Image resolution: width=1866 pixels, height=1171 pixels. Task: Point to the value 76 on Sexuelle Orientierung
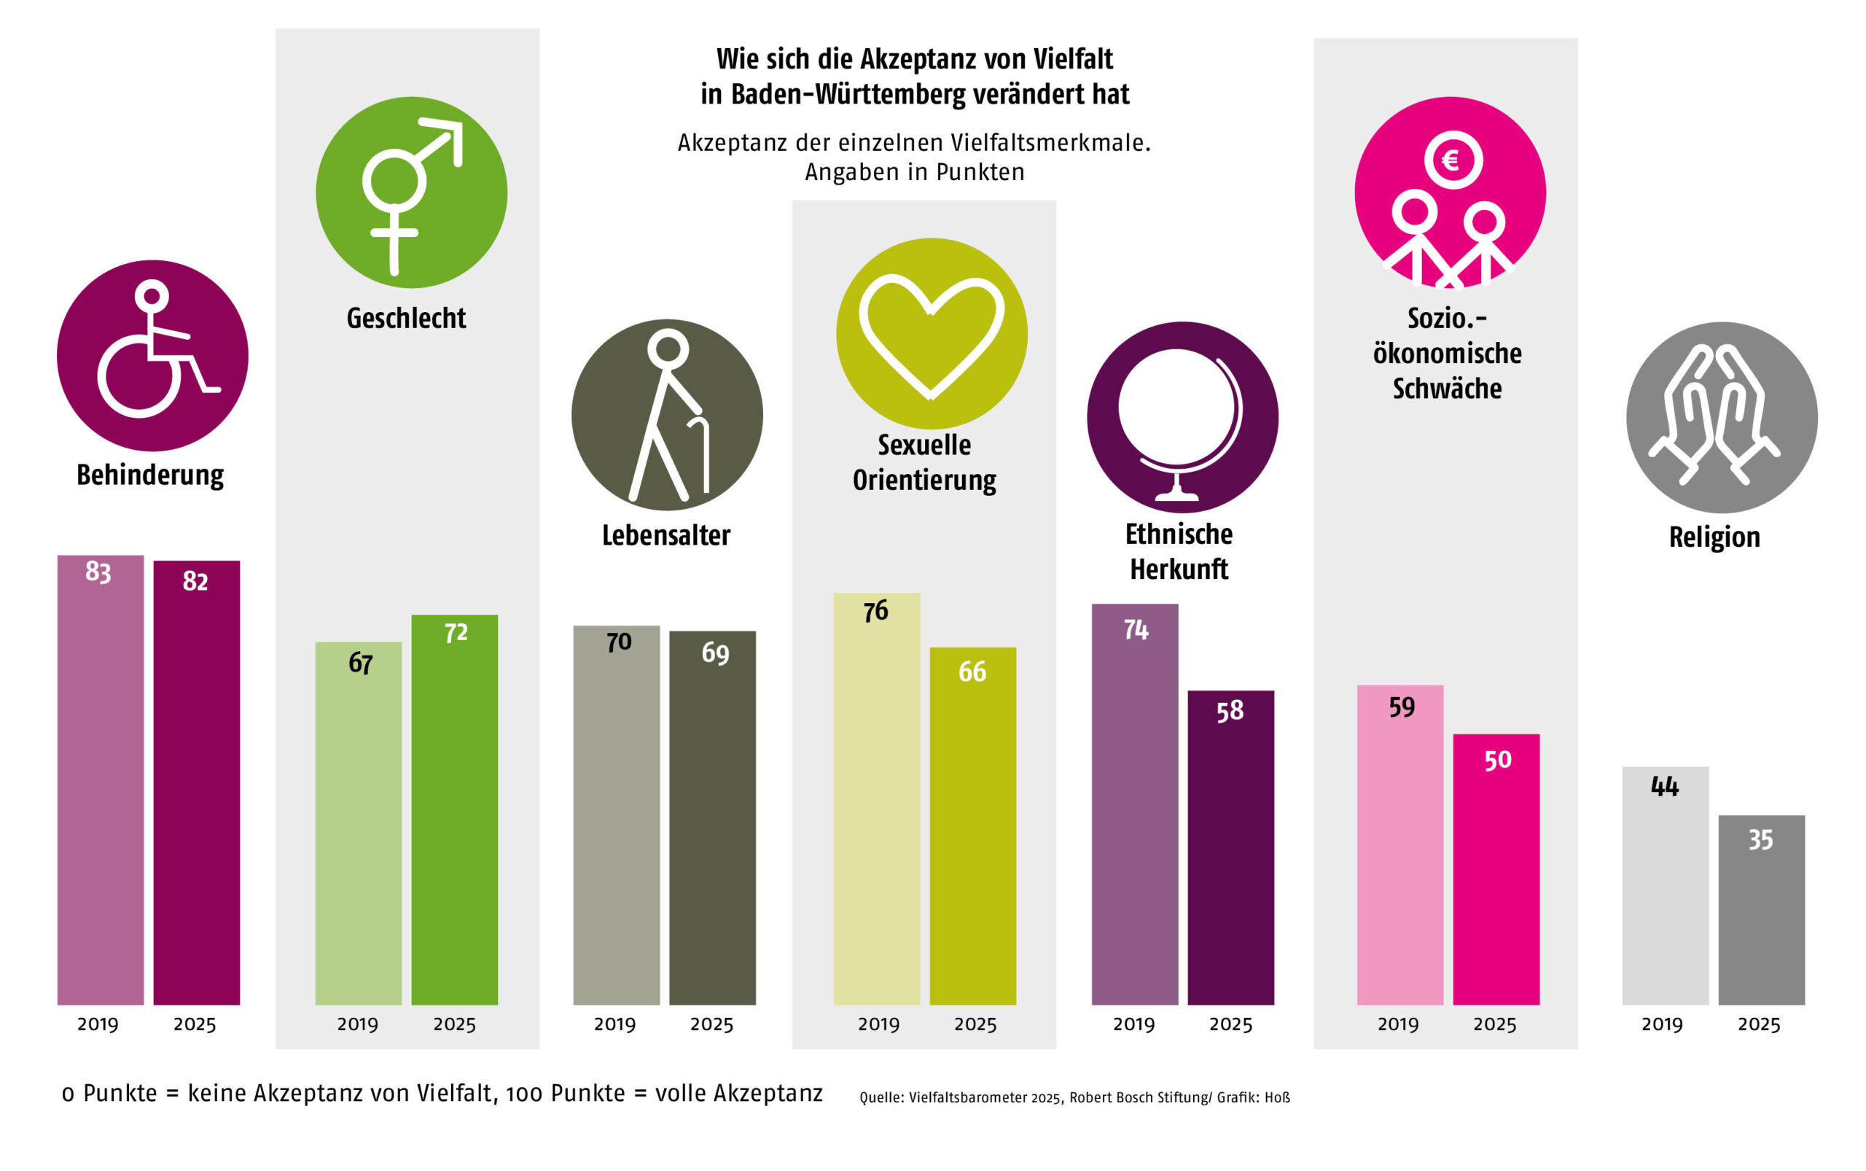point(875,611)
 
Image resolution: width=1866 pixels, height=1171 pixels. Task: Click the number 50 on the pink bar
point(1497,760)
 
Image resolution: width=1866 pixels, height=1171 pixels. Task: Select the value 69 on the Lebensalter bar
point(714,653)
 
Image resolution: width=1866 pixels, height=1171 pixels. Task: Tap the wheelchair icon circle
point(152,356)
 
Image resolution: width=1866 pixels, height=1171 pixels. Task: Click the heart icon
point(932,334)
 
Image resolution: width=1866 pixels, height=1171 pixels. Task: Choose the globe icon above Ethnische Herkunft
point(1182,418)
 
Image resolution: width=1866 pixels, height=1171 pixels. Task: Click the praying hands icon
point(1721,418)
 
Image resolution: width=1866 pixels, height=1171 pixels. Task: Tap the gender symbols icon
point(411,192)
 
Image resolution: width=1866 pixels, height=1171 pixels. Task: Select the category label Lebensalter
point(666,535)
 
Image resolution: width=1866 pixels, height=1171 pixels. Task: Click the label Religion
point(1714,537)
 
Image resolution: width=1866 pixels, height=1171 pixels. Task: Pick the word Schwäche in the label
point(1446,388)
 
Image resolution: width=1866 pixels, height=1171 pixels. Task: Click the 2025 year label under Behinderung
point(195,1024)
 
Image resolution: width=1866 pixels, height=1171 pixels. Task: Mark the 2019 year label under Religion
point(1662,1024)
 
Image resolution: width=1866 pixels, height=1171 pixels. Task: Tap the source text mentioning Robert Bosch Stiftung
point(1074,1097)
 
